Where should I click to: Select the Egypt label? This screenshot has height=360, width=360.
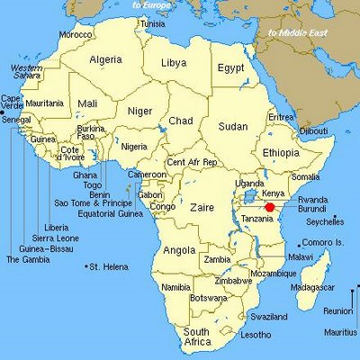[231, 67]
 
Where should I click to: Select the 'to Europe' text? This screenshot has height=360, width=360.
[152, 5]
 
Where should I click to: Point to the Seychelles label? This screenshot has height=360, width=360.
[325, 221]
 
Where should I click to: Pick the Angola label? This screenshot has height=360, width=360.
[180, 249]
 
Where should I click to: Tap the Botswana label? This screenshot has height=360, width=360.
[208, 297]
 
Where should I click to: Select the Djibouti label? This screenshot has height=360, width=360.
[314, 131]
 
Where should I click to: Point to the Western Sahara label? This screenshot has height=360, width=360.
[26, 72]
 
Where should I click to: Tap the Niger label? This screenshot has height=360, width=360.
[139, 111]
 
